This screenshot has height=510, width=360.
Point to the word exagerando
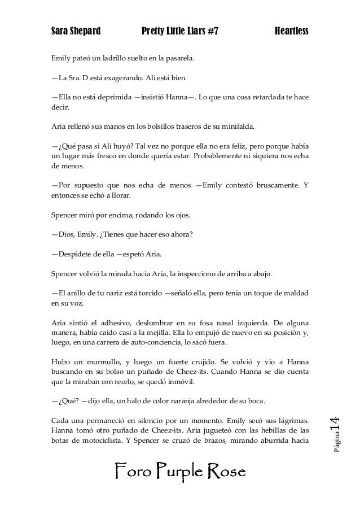pyautogui.click(x=126, y=77)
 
